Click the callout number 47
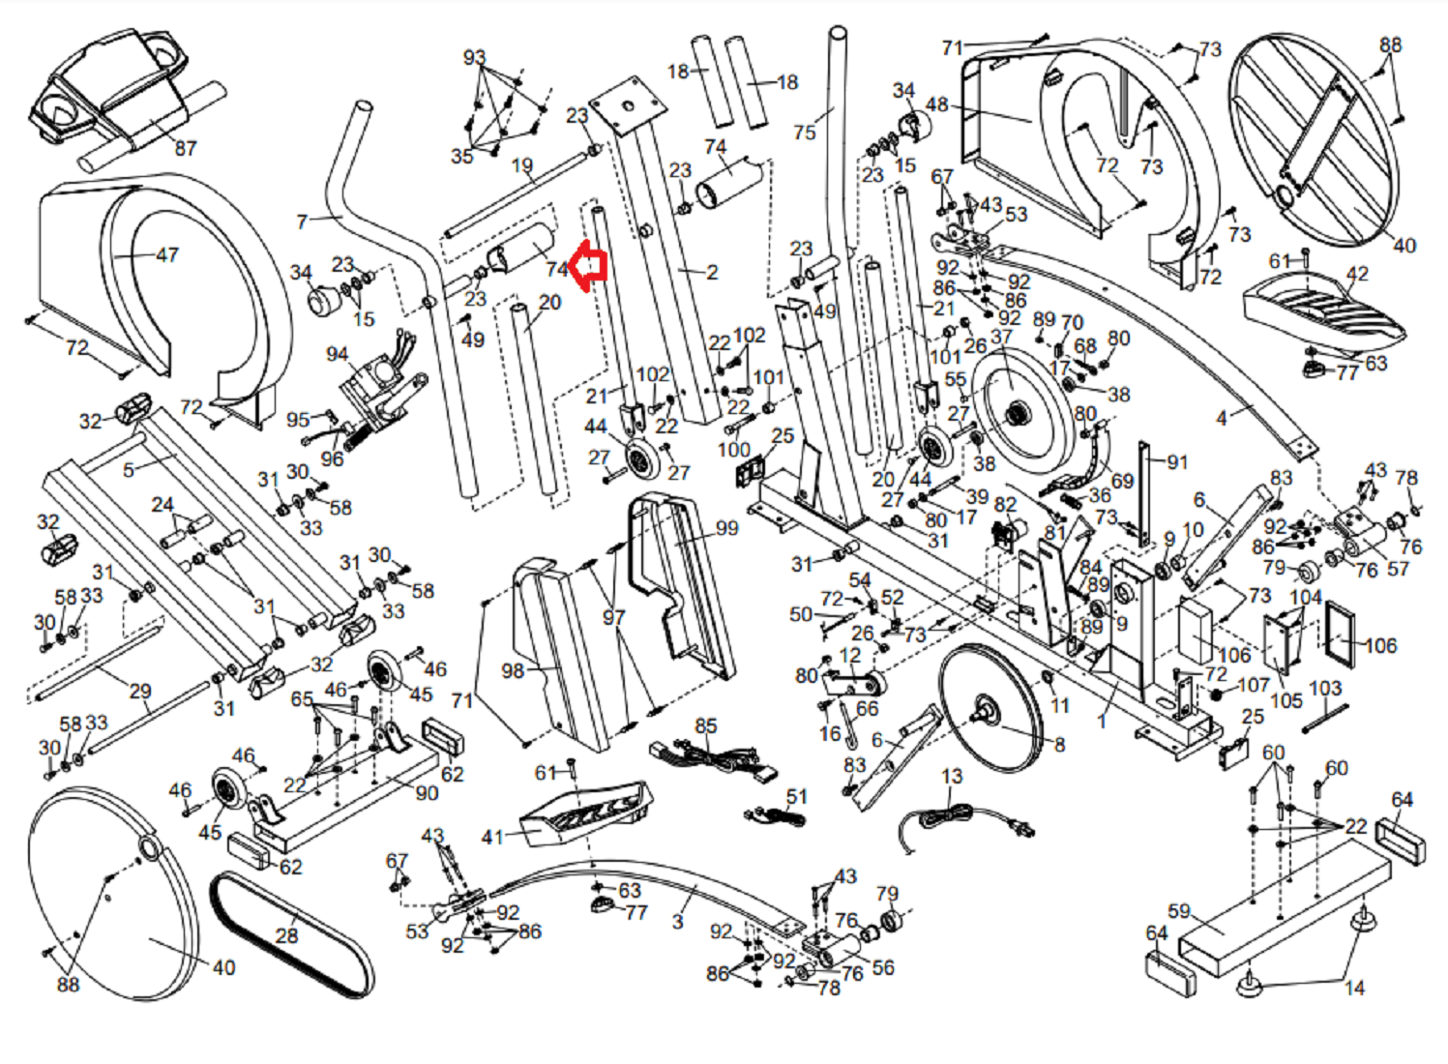[x=167, y=255]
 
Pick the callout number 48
[x=936, y=104]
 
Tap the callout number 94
[x=337, y=354]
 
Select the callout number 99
[x=726, y=528]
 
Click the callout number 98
[x=513, y=670]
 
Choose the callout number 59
[x=1179, y=911]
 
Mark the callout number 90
[x=427, y=793]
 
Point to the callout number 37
[x=1001, y=337]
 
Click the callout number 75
[x=805, y=133]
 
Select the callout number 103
[x=1325, y=688]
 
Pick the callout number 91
[x=1177, y=462]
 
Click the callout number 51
[x=796, y=796]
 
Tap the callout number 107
[x=1253, y=685]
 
